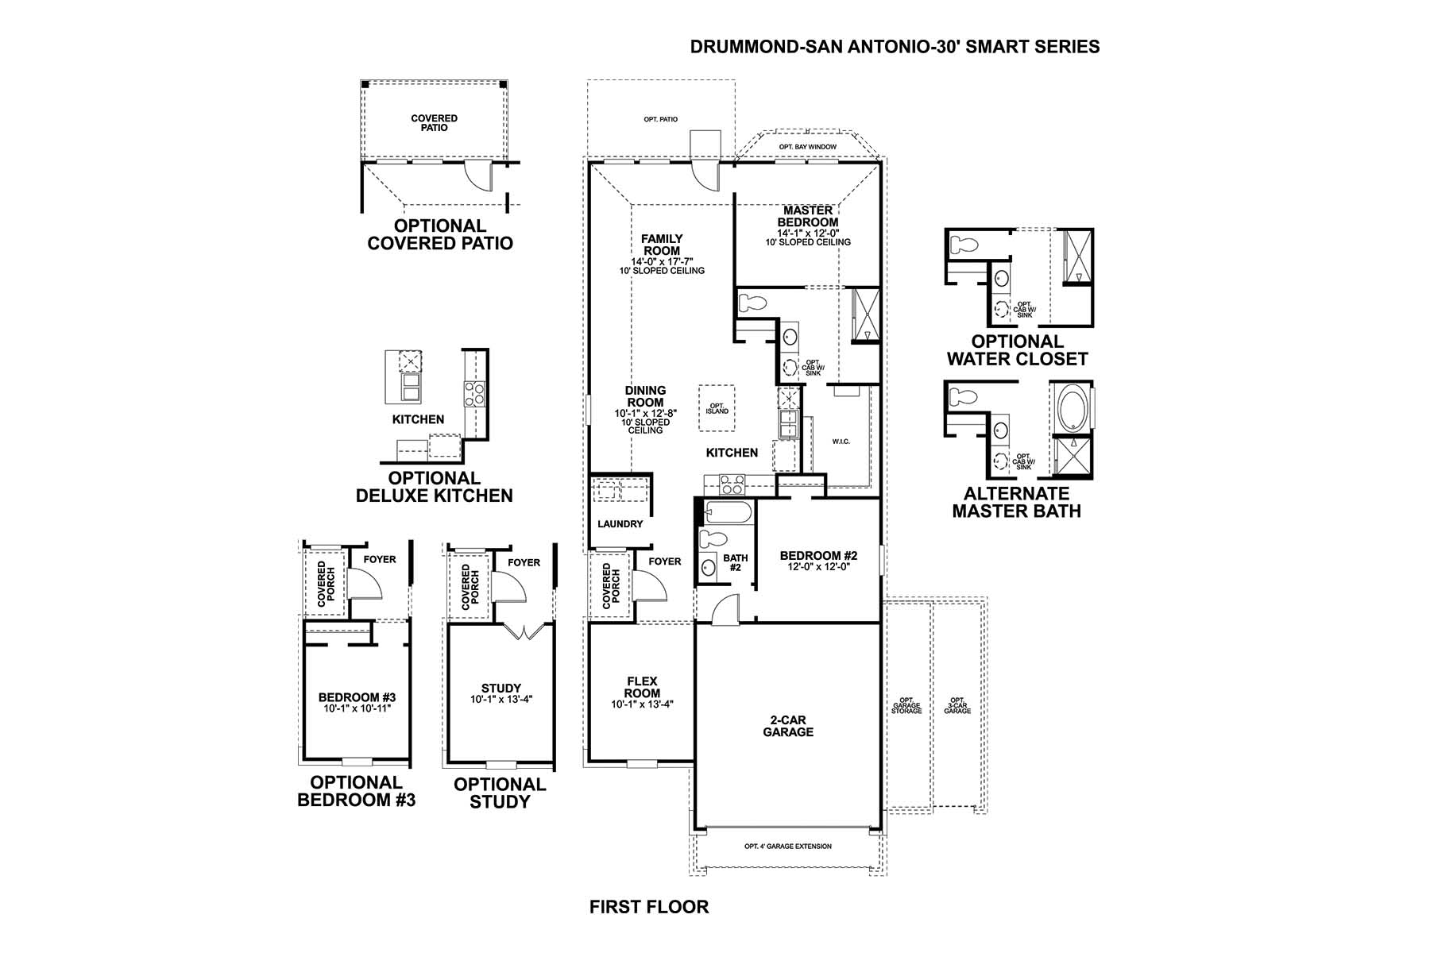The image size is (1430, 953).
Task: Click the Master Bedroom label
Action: click(x=807, y=216)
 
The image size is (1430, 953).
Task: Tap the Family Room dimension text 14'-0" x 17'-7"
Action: click(x=662, y=261)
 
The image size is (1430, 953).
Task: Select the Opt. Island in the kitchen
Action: click(x=717, y=408)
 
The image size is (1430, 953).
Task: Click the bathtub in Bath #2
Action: click(x=725, y=512)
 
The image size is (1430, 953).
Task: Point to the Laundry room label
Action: click(x=620, y=524)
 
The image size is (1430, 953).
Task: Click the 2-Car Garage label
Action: click(x=788, y=726)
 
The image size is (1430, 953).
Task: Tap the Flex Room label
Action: click(x=642, y=687)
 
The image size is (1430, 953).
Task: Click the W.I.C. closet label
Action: click(x=841, y=442)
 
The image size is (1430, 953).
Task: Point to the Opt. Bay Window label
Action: click(x=807, y=147)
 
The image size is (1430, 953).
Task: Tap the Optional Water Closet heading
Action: click(x=1017, y=350)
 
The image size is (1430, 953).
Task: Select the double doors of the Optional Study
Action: click(x=524, y=631)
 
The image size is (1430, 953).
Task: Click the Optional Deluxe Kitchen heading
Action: click(x=434, y=487)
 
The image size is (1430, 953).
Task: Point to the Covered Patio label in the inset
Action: click(x=434, y=123)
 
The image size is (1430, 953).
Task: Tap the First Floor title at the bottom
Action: click(x=649, y=907)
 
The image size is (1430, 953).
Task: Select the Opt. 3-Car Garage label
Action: click(x=957, y=705)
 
